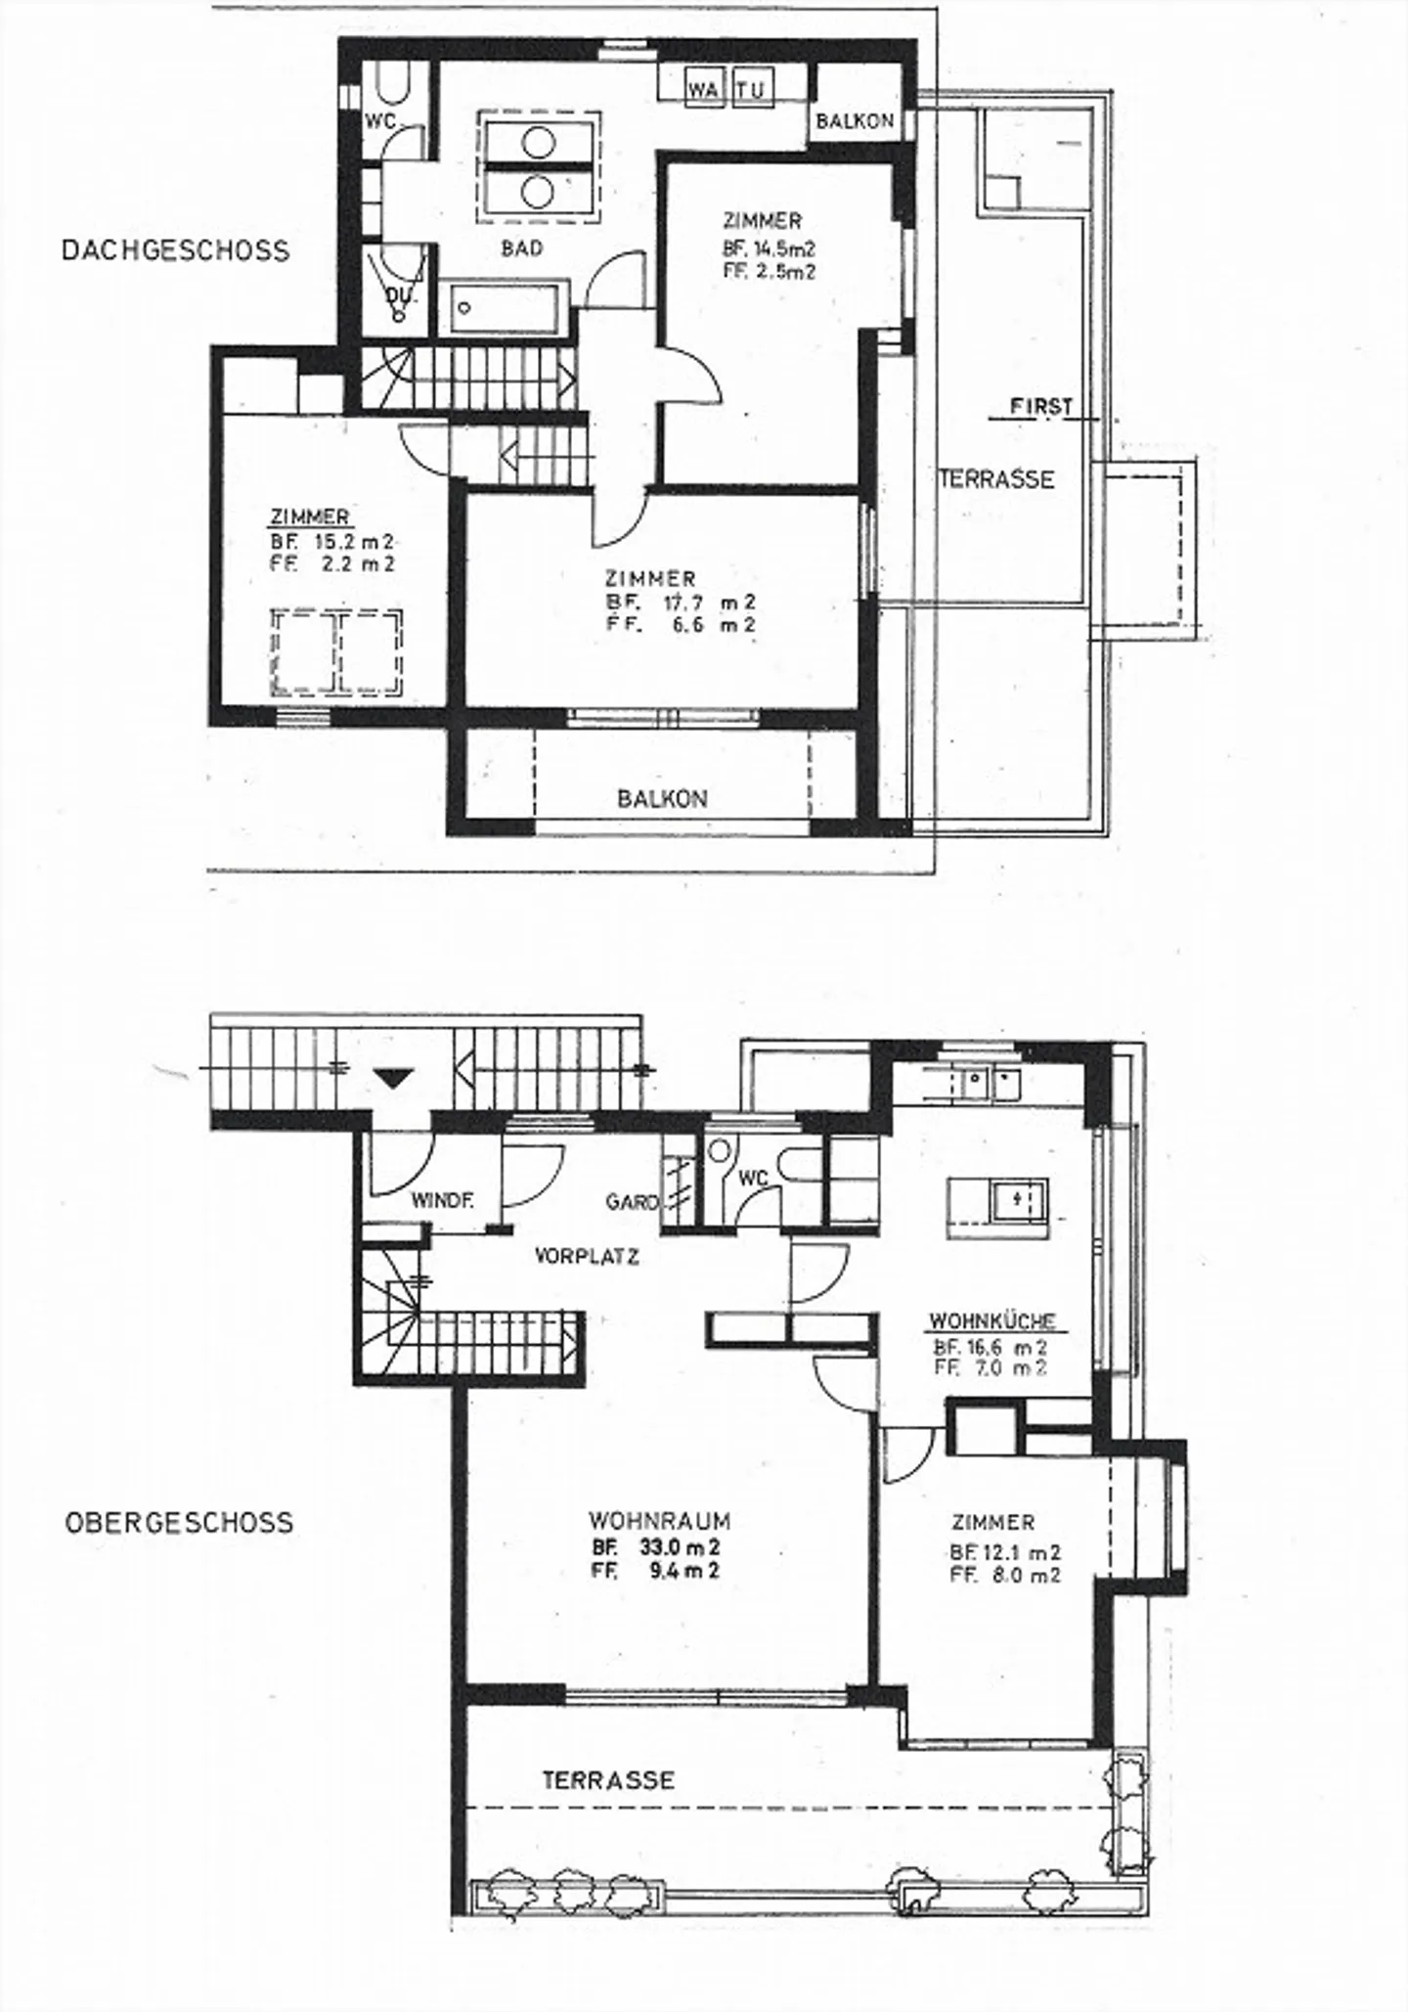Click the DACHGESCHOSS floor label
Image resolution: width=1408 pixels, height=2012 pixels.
176,250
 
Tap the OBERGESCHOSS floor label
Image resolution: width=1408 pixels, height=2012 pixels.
179,1523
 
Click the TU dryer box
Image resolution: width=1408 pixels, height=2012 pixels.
751,90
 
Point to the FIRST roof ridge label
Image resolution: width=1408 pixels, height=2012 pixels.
1040,406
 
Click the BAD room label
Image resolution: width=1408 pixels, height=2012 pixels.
521,248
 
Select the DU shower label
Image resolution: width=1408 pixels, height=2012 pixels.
398,293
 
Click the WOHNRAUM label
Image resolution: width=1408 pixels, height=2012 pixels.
659,1521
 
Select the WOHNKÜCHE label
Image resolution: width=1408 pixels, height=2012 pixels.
991,1320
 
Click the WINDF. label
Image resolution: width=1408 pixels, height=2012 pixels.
442,1201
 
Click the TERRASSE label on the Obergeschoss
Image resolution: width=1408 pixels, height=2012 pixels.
608,1779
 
